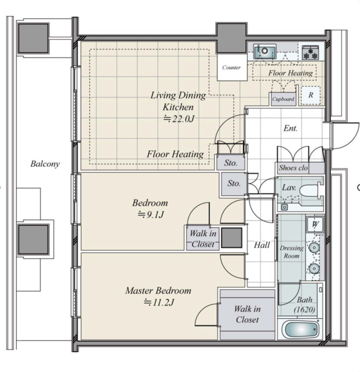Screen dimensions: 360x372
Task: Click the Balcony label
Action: click(45, 164)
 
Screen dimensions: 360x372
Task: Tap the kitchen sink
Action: click(265, 51)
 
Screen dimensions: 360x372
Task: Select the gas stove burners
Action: click(310, 53)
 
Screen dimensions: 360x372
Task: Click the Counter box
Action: click(232, 67)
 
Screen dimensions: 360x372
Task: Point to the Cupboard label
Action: click(283, 99)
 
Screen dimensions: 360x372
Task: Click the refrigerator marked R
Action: click(311, 96)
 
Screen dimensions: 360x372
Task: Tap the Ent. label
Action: click(290, 128)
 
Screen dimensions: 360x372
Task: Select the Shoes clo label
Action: click(293, 168)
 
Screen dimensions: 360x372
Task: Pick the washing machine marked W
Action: click(315, 224)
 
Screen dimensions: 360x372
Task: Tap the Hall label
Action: click(262, 245)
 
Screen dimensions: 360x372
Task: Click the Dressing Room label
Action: click(292, 252)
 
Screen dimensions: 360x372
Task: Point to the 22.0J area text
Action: click(179, 119)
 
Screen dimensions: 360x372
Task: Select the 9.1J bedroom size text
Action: click(151, 215)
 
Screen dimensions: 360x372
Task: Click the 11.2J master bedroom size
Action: click(159, 303)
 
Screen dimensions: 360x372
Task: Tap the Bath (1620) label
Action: click(304, 305)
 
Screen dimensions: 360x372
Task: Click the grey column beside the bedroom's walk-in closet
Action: click(232, 238)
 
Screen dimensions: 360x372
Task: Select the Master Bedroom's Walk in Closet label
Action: click(247, 314)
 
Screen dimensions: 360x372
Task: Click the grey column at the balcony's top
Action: click(33, 38)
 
